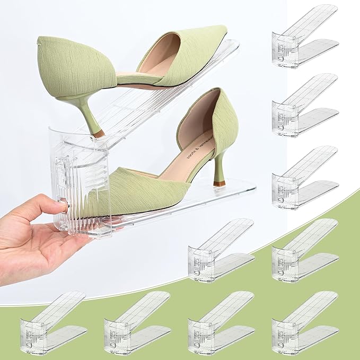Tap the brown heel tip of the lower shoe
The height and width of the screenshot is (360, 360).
coord(219,183)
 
